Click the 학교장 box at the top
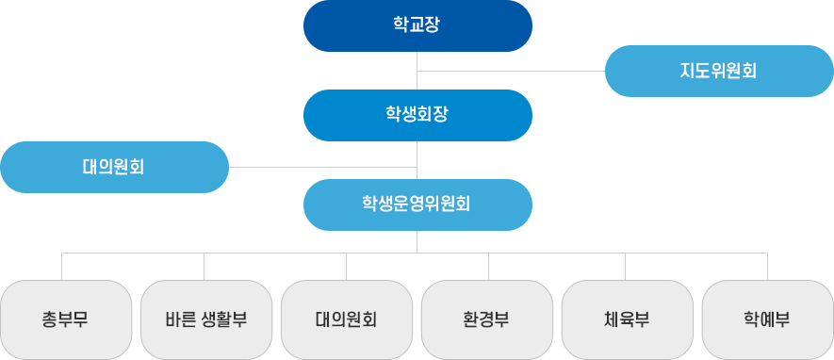click(x=417, y=25)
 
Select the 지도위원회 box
click(x=718, y=71)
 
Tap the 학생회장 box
click(x=417, y=115)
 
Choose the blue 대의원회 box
click(x=114, y=167)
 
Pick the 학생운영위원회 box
click(x=417, y=205)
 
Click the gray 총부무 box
click(x=65, y=319)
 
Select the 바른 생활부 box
click(x=205, y=319)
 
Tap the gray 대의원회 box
click(x=346, y=319)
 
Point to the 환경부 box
click(x=486, y=319)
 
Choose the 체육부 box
click(x=627, y=319)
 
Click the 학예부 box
click(x=767, y=319)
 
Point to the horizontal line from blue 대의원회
click(x=267, y=167)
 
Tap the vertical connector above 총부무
click(x=62, y=266)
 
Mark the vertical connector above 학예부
click(x=767, y=266)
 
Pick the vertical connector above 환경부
click(x=488, y=266)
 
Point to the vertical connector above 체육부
click(x=628, y=266)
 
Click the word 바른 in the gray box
click(x=180, y=319)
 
